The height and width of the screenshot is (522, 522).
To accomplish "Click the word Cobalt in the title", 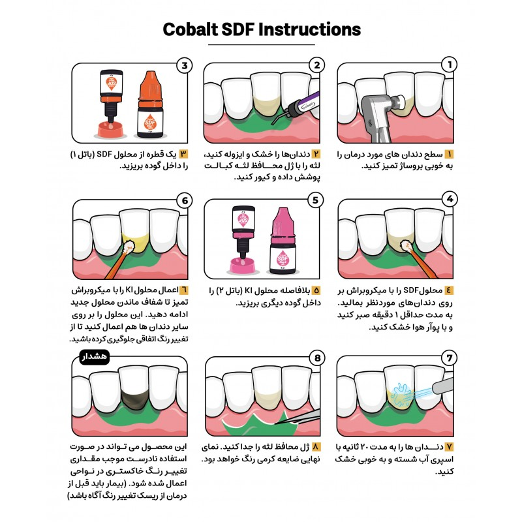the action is (191, 29).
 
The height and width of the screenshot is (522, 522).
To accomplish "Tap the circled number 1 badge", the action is (449, 65).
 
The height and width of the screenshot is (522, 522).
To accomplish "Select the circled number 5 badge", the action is (315, 200).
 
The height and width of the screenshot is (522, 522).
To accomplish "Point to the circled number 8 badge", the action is (317, 358).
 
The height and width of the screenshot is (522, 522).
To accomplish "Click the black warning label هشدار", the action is (95, 357).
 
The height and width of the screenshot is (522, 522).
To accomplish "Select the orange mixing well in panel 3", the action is (110, 129).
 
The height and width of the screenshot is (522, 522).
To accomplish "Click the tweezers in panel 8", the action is (298, 418).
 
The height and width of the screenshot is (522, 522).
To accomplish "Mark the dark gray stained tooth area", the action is (134, 399).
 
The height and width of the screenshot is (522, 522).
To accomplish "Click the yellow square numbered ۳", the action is (183, 154).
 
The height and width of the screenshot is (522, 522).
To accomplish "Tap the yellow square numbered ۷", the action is (449, 447).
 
